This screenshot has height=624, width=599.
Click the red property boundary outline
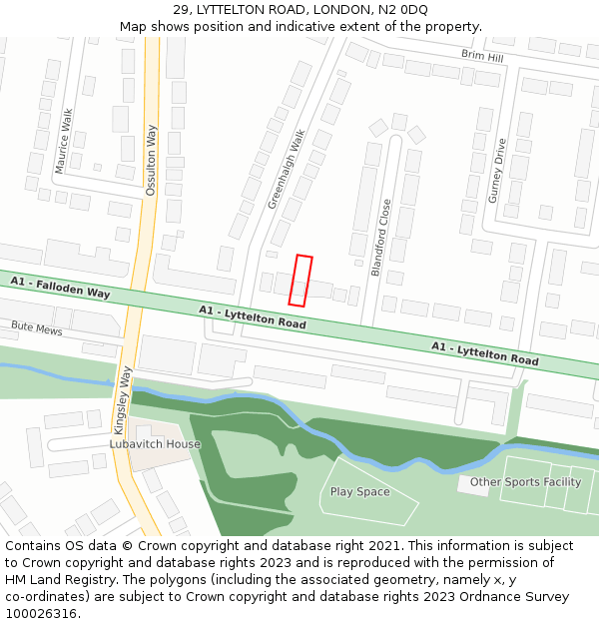[300, 281]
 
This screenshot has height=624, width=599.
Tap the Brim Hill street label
[482, 57]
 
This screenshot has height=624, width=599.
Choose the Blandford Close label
[381, 237]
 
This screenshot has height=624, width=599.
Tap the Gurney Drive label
[497, 171]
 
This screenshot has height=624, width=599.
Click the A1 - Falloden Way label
[60, 289]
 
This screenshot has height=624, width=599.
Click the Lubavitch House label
[155, 443]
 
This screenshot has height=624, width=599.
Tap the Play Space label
[359, 492]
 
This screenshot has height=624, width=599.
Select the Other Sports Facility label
[525, 482]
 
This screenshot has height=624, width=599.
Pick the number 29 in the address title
[182, 10]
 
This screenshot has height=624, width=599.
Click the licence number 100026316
[40, 613]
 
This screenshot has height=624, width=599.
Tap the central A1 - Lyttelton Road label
[252, 316]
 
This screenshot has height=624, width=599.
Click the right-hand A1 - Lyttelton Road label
[484, 352]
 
